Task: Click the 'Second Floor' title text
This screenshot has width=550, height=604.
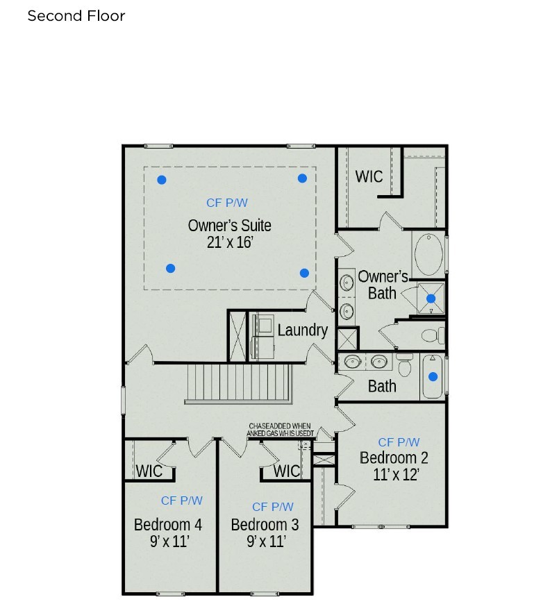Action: [x=76, y=16]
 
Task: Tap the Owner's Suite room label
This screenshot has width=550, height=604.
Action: [x=229, y=226]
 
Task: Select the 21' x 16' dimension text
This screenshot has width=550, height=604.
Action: [x=229, y=244]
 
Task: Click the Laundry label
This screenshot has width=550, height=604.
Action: [x=302, y=330]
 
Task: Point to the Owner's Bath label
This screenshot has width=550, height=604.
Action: [x=382, y=285]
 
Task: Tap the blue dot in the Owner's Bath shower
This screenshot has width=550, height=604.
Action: [x=431, y=299]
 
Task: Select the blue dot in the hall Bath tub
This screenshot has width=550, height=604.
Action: [x=433, y=377]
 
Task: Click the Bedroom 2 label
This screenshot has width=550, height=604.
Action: [x=394, y=458]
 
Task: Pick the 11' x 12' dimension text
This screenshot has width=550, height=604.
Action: [x=396, y=475]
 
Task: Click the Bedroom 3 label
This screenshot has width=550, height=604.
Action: [x=265, y=524]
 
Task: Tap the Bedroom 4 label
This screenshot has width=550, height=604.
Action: [x=167, y=523]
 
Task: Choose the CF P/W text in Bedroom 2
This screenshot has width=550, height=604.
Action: [x=399, y=442]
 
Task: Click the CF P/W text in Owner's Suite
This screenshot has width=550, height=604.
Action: [x=227, y=203]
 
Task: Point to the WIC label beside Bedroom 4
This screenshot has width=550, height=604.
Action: [x=149, y=471]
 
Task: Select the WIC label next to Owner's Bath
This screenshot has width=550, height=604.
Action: [x=369, y=176]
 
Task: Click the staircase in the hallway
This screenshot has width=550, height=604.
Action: [x=238, y=383]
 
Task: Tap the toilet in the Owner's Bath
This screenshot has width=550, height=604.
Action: [x=432, y=336]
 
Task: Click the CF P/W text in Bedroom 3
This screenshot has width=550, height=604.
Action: [x=273, y=507]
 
